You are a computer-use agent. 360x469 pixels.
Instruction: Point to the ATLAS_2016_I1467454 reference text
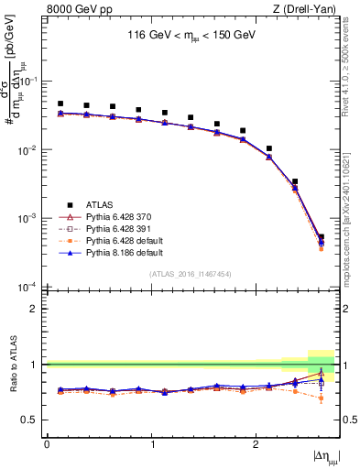click(191, 274)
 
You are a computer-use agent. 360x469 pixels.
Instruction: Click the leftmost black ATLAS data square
click(60, 104)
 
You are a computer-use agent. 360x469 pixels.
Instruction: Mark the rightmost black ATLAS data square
click(321, 237)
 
